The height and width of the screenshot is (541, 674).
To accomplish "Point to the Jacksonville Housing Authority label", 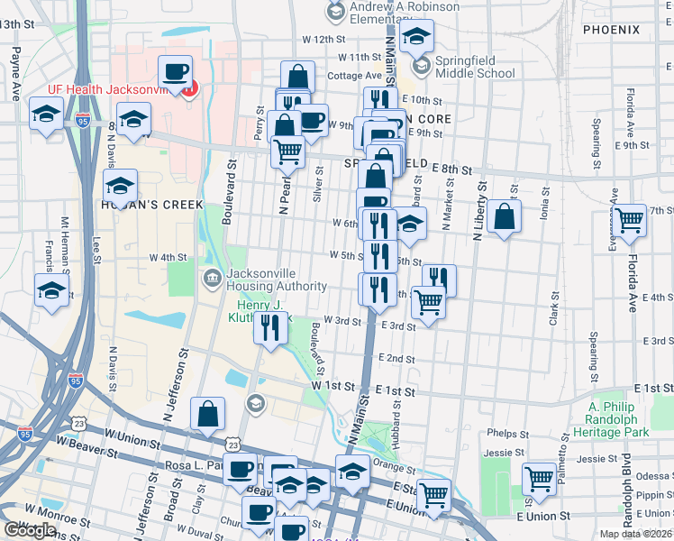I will coord(277,279).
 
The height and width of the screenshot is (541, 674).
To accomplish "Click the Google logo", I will coord(30,530).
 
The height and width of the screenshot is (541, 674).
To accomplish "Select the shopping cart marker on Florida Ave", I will coord(629,218).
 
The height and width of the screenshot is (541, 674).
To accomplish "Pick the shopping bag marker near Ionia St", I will coord(505,216).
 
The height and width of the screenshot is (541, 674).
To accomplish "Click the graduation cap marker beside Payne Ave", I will coord(46,114).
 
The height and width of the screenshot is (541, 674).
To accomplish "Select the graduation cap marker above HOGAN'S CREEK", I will coord(119,185).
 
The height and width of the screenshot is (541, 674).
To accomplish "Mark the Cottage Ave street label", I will coord(351,76).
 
